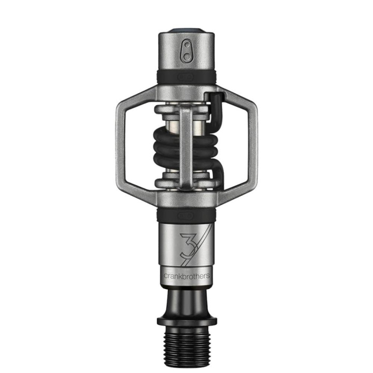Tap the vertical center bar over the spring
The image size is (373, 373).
pyautogui.click(x=186, y=145)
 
